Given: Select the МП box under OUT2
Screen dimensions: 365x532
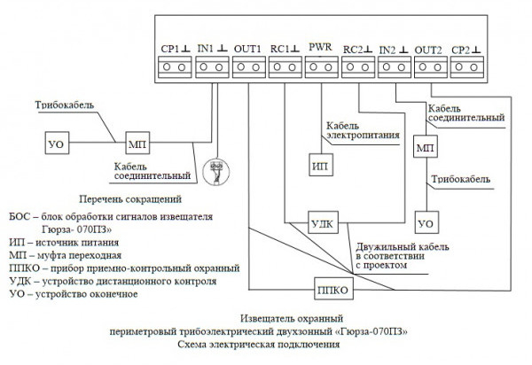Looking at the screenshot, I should [426, 146].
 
